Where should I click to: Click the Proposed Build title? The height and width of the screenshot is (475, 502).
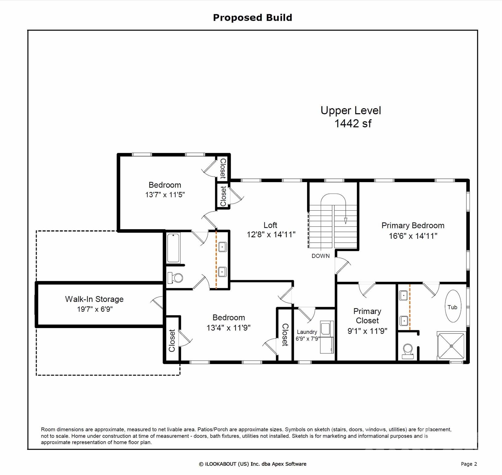(252, 18)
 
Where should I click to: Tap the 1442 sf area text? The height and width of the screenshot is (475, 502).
(353, 123)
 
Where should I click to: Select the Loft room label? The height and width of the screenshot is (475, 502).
(270, 225)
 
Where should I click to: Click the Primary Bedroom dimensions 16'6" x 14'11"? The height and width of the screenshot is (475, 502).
(413, 236)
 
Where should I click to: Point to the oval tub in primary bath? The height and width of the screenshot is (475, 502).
(453, 306)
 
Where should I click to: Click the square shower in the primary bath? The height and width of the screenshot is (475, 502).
(451, 346)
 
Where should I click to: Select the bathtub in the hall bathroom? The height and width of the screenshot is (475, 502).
(173, 248)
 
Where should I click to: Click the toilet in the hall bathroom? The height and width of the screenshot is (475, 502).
(175, 278)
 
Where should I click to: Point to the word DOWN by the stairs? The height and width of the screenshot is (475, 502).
(320, 256)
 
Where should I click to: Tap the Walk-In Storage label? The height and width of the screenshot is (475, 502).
(94, 299)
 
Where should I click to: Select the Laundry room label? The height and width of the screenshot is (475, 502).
(307, 332)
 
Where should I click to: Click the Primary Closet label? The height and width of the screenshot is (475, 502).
(367, 316)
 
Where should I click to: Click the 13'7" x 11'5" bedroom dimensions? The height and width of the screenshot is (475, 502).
(165, 195)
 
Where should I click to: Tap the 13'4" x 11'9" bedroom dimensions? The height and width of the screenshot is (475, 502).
(228, 328)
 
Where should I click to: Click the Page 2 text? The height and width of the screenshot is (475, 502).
(469, 464)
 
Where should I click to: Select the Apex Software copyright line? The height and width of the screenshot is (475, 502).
(252, 464)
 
